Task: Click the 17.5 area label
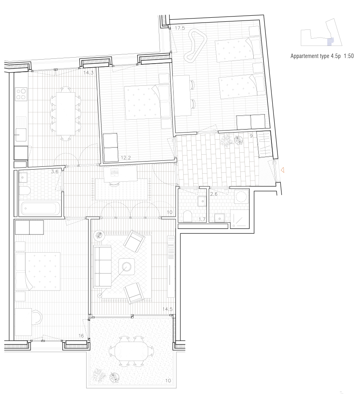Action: [180, 28]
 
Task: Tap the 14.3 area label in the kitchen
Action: [89, 73]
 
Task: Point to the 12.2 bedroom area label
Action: [126, 158]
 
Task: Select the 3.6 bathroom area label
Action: [54, 172]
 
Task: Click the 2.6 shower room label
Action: [214, 194]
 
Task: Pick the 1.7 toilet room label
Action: [202, 220]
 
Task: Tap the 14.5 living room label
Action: [167, 309]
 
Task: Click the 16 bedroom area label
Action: [81, 336]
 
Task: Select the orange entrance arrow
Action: [282, 170]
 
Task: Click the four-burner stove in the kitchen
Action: [21, 94]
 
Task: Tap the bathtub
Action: [40, 208]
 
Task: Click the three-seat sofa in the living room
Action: [103, 266]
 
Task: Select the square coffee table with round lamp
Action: [126, 266]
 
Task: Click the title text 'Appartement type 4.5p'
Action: [316, 56]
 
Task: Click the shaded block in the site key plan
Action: [330, 42]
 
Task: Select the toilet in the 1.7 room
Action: [188, 216]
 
